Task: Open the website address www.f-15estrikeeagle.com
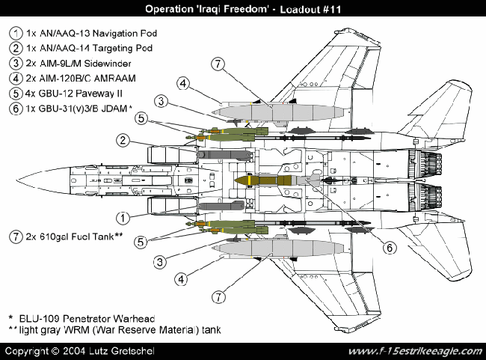point(412,351)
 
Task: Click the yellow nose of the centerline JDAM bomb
point(242,181)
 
